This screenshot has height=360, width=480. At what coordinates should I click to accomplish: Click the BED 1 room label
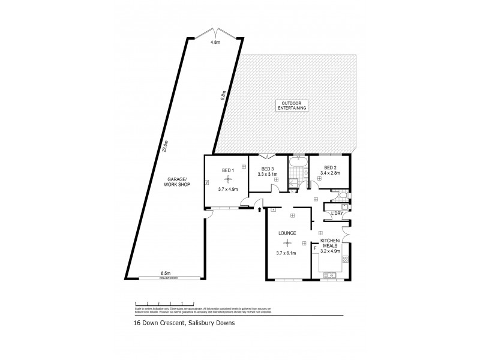click(x=227, y=170)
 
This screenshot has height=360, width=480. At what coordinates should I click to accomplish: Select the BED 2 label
click(x=330, y=167)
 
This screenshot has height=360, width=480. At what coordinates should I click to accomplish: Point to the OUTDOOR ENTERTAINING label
click(x=292, y=105)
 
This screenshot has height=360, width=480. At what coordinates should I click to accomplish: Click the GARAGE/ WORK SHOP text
click(x=178, y=181)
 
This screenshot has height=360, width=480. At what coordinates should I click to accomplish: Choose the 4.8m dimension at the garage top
click(x=214, y=43)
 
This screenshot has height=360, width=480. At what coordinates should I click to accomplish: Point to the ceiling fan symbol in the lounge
click(x=287, y=243)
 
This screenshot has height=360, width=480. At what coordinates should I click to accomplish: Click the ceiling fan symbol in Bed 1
click(x=227, y=178)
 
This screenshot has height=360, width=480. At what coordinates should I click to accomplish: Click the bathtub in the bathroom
click(x=298, y=162)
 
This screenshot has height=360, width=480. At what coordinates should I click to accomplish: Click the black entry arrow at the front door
click(x=259, y=210)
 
